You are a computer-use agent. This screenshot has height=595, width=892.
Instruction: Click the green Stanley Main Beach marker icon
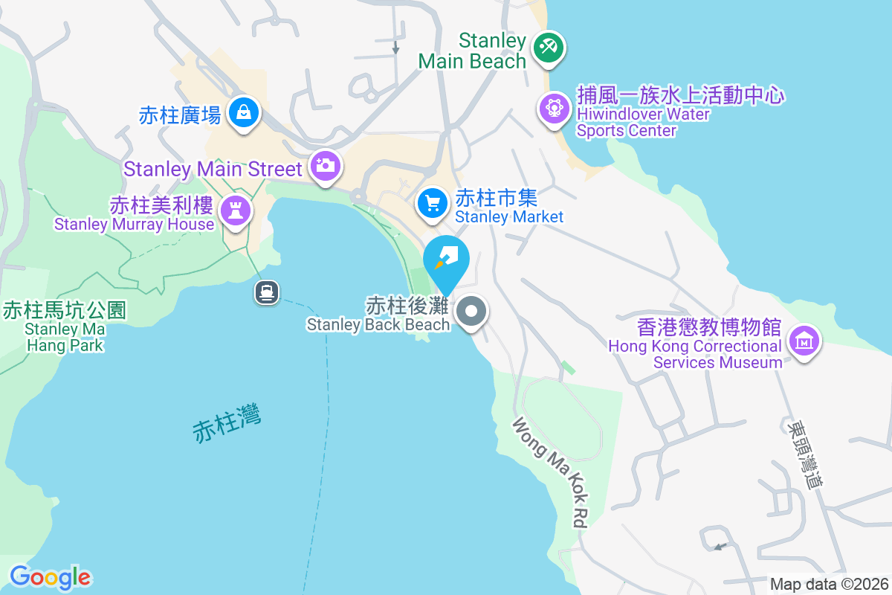[x=549, y=49]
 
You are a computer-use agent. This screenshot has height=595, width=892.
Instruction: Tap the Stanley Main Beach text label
[x=473, y=51]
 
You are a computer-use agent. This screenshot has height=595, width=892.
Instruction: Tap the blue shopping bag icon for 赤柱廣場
[x=243, y=113]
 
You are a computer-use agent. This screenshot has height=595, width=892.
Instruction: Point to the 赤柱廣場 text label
[x=180, y=115]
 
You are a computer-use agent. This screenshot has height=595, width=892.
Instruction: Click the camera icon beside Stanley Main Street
[x=325, y=165]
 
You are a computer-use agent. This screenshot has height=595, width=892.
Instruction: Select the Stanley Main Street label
[x=213, y=169]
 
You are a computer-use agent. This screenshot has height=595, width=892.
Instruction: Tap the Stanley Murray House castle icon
[x=237, y=211]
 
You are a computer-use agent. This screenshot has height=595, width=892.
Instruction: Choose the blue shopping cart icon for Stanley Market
[x=432, y=203]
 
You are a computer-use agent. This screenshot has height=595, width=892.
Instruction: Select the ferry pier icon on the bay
[x=267, y=292]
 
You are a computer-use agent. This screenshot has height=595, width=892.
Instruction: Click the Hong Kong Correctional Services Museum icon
[x=804, y=341]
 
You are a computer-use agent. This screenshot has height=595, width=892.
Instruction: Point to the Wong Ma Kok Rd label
[x=549, y=472]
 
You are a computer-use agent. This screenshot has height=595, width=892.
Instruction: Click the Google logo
[x=51, y=577]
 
